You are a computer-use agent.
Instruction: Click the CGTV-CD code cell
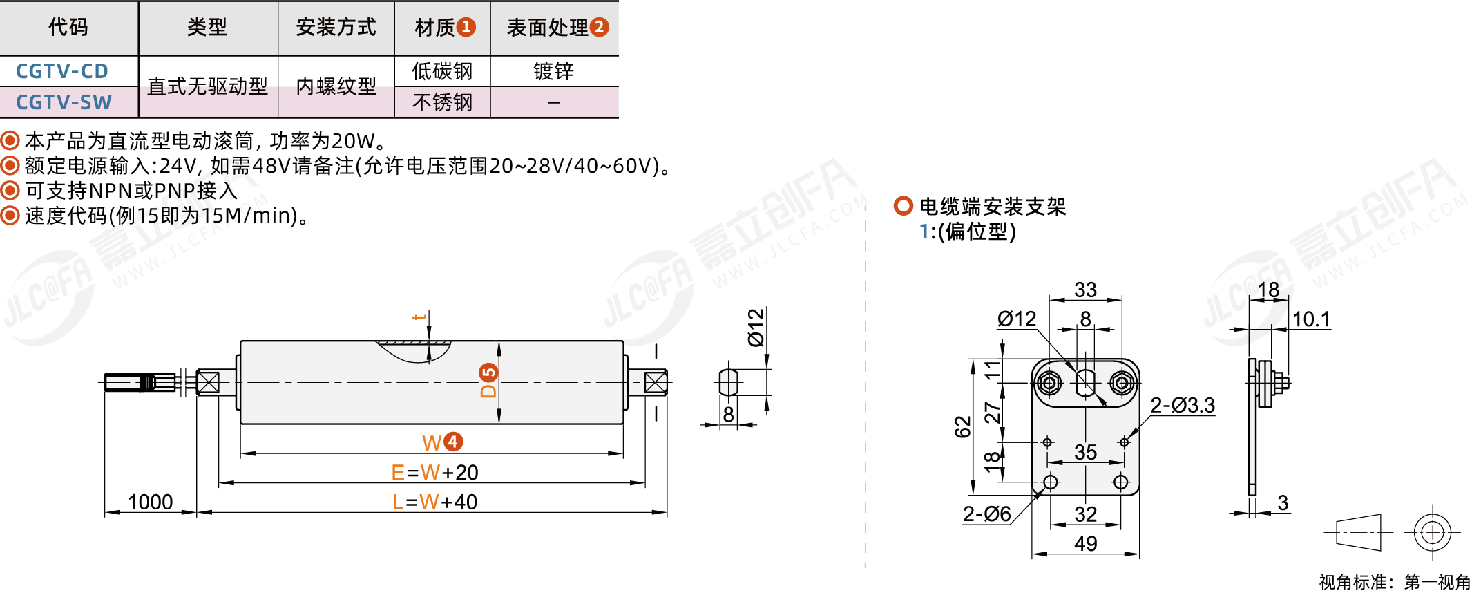pos(62,71)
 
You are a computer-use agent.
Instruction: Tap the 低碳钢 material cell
pos(442,71)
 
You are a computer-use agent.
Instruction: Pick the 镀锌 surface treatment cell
pos(553,71)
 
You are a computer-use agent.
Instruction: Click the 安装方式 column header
pos(336,28)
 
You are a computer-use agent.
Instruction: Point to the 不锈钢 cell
pos(442,102)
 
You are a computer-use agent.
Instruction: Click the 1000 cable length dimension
pos(150,502)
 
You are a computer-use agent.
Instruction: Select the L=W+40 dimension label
pos(434,502)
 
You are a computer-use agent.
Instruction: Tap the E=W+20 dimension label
pos(434,472)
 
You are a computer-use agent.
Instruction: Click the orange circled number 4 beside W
pos(453,442)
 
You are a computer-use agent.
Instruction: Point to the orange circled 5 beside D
pos(488,373)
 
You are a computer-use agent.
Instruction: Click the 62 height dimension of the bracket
pos(963,427)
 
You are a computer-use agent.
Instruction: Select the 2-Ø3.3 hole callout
pos(1183,405)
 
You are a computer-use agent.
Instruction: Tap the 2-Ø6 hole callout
pos(987,514)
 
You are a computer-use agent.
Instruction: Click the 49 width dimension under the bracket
pos(1085,543)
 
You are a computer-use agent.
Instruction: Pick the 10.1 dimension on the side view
pos(1311,319)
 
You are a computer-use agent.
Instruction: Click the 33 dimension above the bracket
pos(1085,290)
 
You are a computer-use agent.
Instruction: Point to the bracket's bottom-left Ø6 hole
pos(1050,482)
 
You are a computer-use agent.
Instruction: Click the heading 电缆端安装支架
pos(993,206)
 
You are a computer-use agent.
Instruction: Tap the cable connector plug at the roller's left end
pos(140,382)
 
